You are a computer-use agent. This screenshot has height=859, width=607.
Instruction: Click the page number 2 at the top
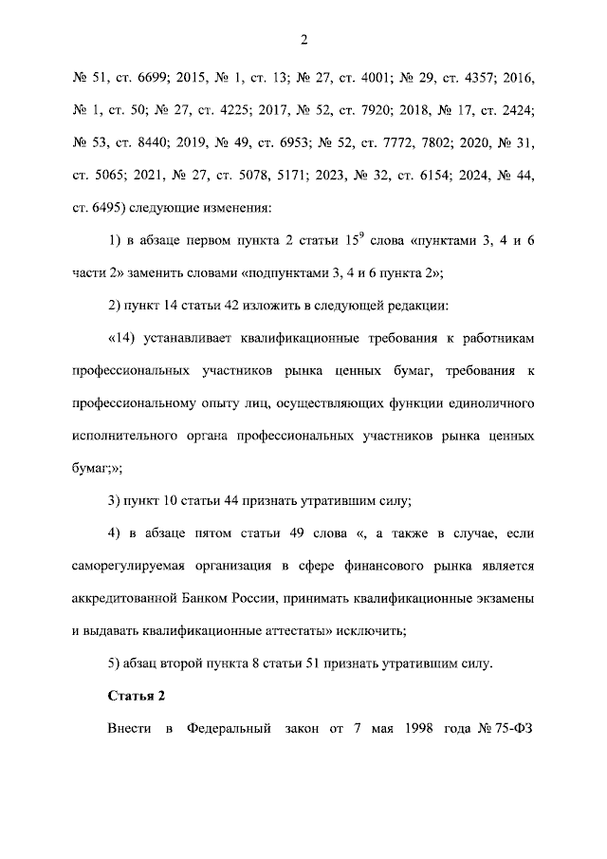tap(303, 39)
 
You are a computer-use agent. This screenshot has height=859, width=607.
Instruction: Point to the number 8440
tap(167, 142)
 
